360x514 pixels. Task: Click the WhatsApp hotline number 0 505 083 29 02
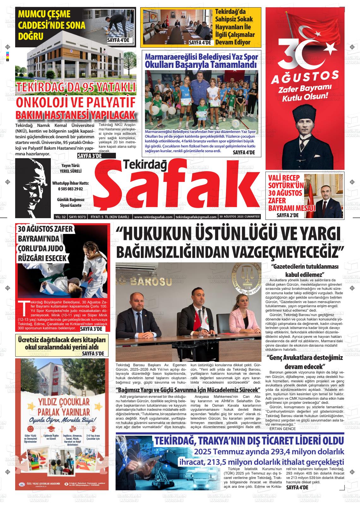pyautogui.click(x=70, y=189)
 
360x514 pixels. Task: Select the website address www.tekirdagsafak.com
pyautogui.click(x=153, y=217)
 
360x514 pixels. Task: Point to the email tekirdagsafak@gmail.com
pyautogui.click(x=196, y=217)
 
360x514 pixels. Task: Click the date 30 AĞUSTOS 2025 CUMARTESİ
pyautogui.click(x=240, y=217)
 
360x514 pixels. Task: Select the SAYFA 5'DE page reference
pyautogui.click(x=93, y=354)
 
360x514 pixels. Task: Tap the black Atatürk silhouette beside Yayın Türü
pyautogui.click(x=33, y=188)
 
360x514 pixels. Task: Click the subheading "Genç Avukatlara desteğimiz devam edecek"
pyautogui.click(x=305, y=362)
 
